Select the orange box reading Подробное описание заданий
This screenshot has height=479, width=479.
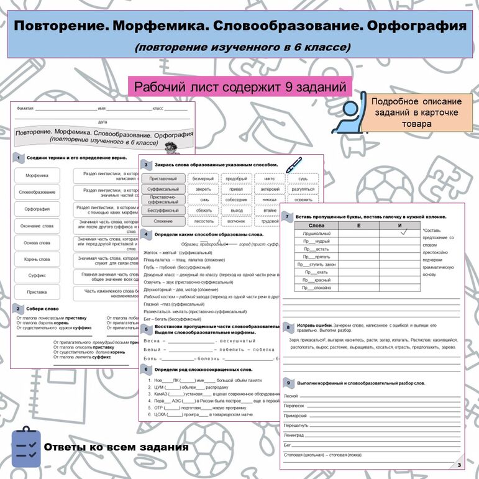(416, 112)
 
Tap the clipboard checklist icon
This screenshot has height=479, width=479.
(25, 446)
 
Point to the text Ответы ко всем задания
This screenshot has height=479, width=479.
(116, 447)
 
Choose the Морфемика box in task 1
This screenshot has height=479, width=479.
(37, 176)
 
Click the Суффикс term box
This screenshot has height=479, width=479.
(37, 275)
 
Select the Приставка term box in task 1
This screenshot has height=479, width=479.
(37, 292)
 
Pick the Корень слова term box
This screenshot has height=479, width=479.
(37, 259)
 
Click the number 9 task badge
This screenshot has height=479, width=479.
(287, 383)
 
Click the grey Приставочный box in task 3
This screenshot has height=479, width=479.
(163, 178)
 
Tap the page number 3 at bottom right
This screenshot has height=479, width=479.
(458, 465)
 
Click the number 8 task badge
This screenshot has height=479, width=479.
(287, 327)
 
